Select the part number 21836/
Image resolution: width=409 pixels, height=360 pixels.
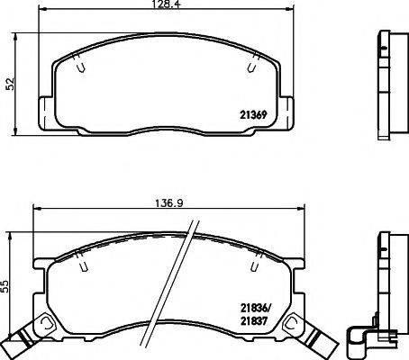(255, 306)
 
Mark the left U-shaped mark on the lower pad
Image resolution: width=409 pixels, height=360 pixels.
(82, 265)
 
